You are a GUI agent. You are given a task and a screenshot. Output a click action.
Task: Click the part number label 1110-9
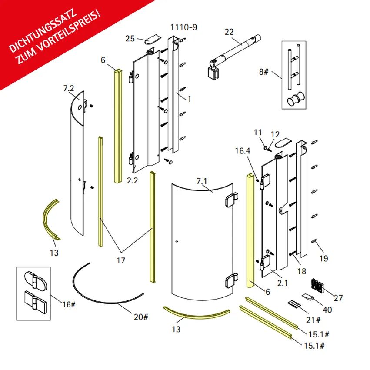point(183,27)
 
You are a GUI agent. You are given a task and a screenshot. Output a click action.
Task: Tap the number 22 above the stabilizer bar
point(229,32)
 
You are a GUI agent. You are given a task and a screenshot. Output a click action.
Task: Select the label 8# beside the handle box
point(263,72)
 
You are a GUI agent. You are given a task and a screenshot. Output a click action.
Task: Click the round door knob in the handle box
point(296,99)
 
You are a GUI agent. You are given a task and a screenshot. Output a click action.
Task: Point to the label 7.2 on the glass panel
point(69,89)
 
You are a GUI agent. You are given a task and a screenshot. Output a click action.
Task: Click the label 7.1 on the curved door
point(202,181)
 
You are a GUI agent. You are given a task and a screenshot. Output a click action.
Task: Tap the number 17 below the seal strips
point(121,260)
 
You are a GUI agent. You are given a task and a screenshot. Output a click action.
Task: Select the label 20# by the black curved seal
point(141,317)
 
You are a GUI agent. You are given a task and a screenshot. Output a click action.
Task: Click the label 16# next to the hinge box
point(69,304)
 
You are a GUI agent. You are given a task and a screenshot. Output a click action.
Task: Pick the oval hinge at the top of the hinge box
point(36,280)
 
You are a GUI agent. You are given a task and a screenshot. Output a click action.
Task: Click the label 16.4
point(243,151)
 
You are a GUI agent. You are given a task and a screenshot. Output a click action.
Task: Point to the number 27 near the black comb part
point(338,298)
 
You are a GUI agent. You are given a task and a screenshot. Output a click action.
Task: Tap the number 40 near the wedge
point(327,310)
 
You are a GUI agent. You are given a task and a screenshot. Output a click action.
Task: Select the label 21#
point(313,320)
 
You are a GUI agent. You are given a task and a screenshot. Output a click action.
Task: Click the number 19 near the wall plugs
point(324,258)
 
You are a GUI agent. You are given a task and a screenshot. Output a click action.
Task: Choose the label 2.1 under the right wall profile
point(283,283)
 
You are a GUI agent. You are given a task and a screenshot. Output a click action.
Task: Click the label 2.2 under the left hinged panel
point(132,181)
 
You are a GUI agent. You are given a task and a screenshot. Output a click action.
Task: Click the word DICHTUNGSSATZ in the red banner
point(43,31)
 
